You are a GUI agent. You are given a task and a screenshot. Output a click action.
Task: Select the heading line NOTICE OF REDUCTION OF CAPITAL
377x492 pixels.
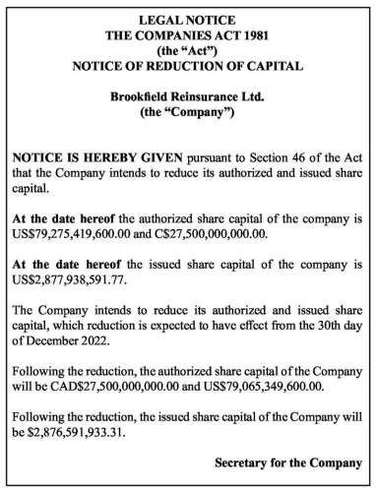[188, 67]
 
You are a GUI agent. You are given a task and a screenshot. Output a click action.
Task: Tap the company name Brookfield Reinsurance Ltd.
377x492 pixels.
[188, 99]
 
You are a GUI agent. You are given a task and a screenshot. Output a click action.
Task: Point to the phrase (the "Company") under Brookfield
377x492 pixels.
[188, 115]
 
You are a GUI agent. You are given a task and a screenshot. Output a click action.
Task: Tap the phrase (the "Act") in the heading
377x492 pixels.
[188, 51]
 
